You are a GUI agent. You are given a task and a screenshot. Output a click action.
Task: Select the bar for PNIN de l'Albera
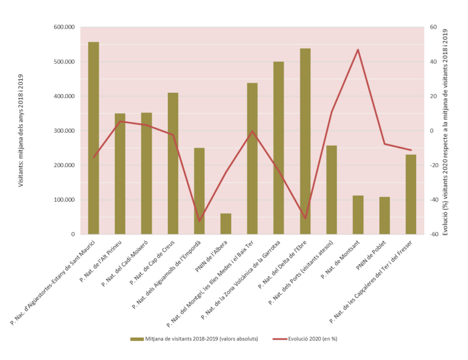point(225,224)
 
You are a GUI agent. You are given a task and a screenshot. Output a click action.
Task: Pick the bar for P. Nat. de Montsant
point(358,215)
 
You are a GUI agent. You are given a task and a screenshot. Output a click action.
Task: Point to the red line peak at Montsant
point(358,49)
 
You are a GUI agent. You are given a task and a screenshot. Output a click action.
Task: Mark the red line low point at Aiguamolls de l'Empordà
point(199,221)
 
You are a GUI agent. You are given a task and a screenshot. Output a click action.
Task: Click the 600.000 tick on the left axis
point(63,27)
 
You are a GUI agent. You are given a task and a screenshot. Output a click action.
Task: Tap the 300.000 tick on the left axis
point(63,131)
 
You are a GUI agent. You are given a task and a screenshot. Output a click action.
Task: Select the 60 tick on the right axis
point(433,27)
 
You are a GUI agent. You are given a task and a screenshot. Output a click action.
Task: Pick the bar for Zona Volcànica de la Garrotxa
point(278,148)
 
